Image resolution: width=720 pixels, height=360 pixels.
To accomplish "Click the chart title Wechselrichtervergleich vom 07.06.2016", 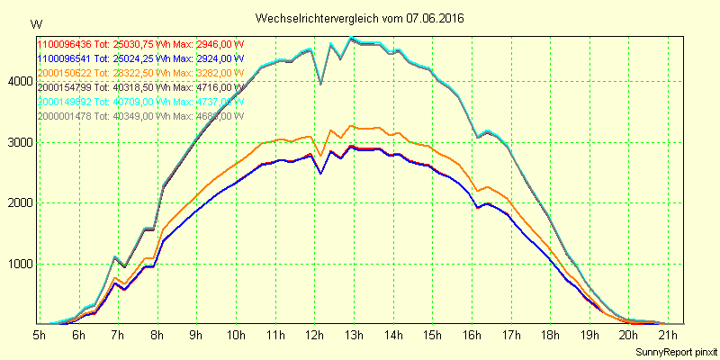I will (360, 18).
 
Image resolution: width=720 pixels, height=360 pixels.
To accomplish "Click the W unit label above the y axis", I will (34, 23).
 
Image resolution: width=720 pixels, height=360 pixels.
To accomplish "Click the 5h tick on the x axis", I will (40, 336).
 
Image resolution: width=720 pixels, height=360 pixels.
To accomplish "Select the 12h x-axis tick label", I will (315, 336).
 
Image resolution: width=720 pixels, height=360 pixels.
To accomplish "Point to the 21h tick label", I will (667, 336).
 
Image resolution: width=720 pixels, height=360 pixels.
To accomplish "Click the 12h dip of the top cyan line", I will (321, 84).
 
